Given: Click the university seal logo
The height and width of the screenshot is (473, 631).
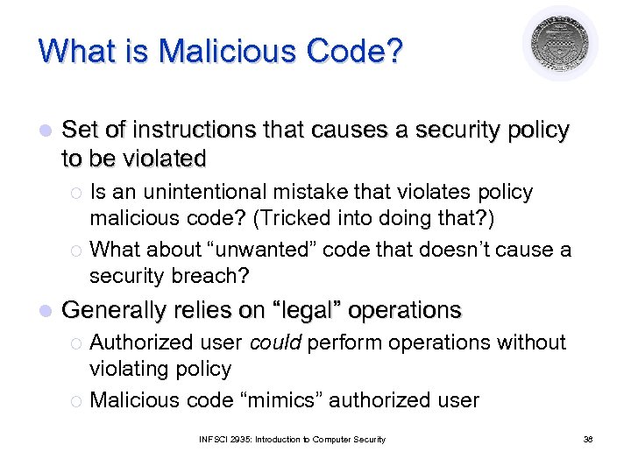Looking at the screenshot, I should (x=560, y=43).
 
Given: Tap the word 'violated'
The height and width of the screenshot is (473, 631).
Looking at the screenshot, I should (x=164, y=159).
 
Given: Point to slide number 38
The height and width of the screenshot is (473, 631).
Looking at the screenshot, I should (x=588, y=439).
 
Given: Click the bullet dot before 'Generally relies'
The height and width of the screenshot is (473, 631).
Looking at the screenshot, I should (x=46, y=311).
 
